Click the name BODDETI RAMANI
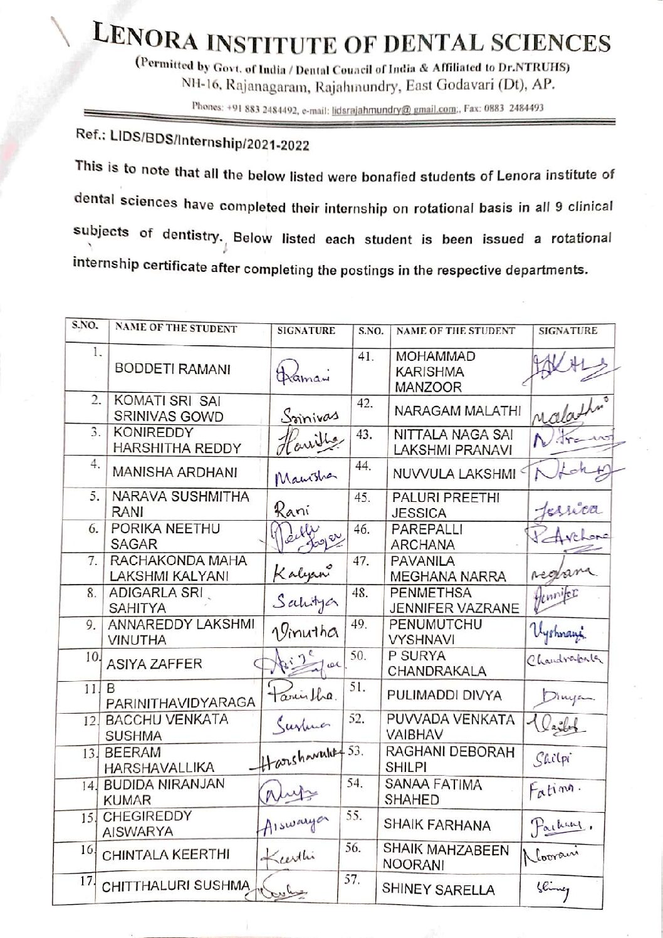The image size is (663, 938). coord(172,369)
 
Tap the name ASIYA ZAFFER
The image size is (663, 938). coord(154,664)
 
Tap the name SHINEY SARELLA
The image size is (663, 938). coord(439,890)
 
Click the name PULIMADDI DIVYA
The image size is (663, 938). coord(444,695)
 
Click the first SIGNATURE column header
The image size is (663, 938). coord(306,331)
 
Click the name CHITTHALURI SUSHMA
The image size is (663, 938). coord(175,887)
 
